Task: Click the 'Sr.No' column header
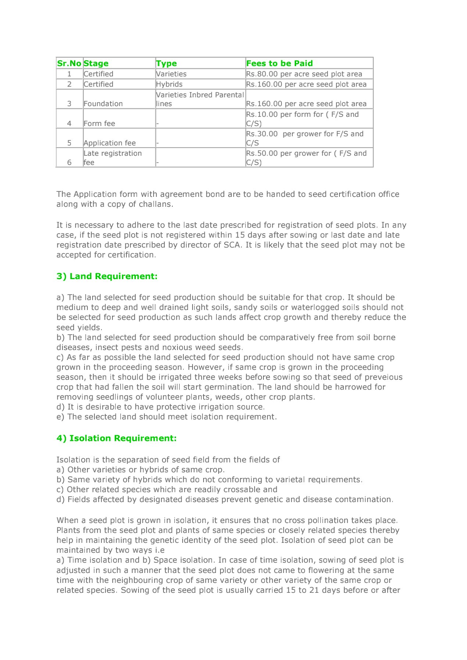[x=69, y=64]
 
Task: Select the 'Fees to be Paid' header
[x=279, y=64]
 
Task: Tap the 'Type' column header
[x=166, y=64]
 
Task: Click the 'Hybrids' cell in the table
[x=169, y=84]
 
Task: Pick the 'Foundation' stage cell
[x=103, y=104]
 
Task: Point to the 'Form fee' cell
[x=99, y=123]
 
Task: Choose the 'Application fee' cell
[x=109, y=143]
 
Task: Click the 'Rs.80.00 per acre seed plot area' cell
[x=304, y=74]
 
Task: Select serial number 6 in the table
[x=69, y=162]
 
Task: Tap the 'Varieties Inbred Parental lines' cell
[x=200, y=99]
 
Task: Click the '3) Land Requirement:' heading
[x=107, y=276]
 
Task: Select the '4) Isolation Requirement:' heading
[x=116, y=438]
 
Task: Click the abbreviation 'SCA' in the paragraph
[x=232, y=245]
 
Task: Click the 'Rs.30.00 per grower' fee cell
[x=305, y=138]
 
